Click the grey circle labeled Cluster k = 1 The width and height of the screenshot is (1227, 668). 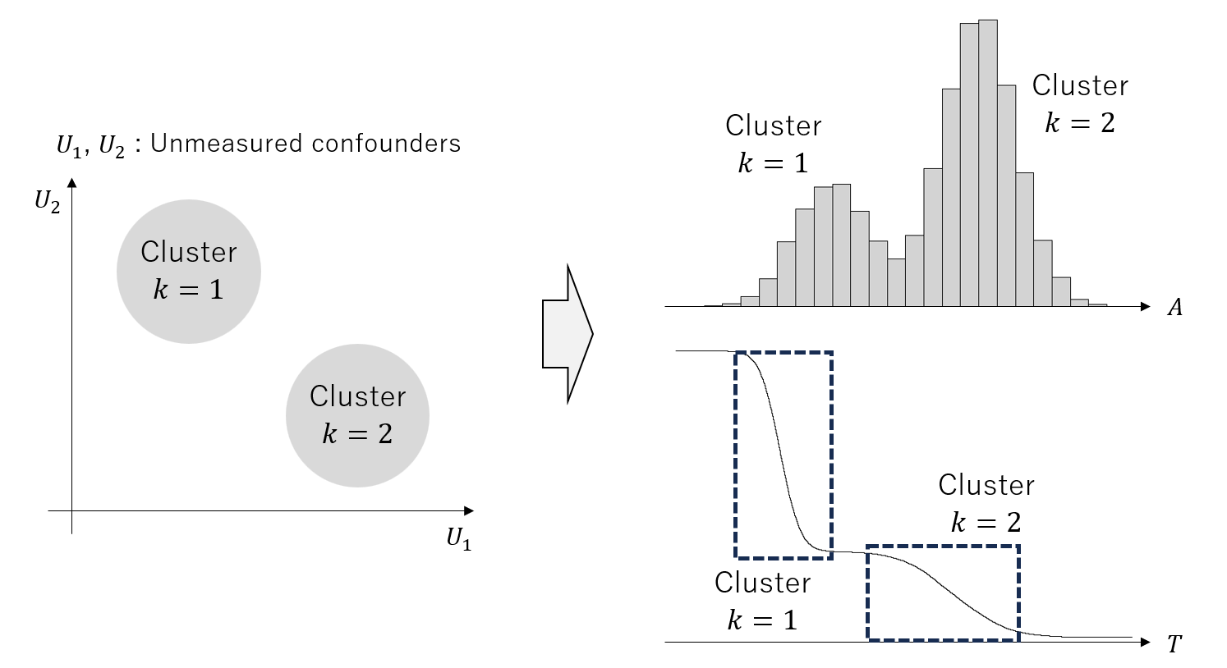(x=188, y=271)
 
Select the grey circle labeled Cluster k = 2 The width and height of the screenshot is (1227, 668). (x=357, y=415)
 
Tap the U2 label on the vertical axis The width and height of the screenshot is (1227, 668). (x=47, y=202)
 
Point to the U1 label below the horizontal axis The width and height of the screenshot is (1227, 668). (x=458, y=538)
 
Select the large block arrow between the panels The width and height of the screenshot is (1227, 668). (x=568, y=334)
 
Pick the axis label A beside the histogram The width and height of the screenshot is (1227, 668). (x=1175, y=308)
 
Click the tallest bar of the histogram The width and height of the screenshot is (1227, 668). (x=988, y=164)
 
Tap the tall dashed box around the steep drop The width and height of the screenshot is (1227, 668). (x=784, y=455)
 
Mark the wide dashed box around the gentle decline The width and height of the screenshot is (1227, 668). (x=943, y=592)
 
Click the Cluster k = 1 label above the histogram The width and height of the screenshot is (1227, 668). (x=773, y=144)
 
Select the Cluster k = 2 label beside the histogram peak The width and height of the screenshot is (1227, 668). (x=1079, y=104)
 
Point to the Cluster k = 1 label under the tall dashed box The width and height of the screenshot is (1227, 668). (x=762, y=601)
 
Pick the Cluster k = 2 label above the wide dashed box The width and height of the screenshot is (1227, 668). (x=986, y=503)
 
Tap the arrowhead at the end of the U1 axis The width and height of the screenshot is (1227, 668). (x=468, y=511)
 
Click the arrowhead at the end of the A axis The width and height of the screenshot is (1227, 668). (x=1145, y=307)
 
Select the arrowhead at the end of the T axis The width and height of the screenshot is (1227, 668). (x=1145, y=642)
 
